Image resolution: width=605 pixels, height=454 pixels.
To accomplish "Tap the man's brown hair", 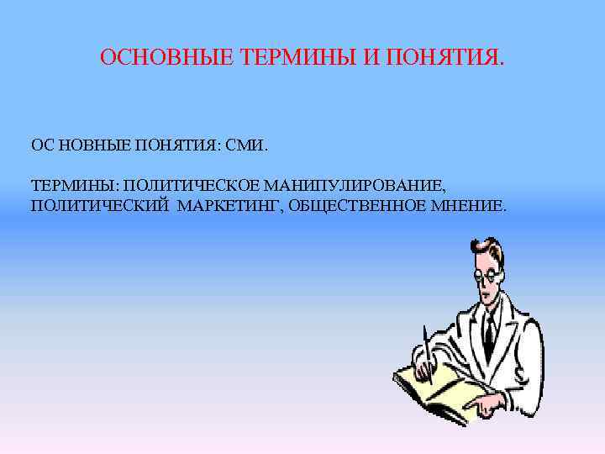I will click(492, 249).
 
